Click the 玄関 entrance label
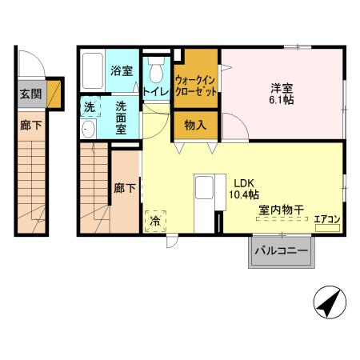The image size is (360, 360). (28, 93)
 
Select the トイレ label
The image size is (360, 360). (155, 91)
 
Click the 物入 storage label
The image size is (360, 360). (195, 125)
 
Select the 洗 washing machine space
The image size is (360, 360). (90, 107)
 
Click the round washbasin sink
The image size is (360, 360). (88, 130)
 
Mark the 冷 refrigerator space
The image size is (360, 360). (154, 220)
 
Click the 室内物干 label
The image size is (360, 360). (280, 210)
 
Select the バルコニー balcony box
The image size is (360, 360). (282, 251)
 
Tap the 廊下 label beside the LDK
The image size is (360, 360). (125, 189)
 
